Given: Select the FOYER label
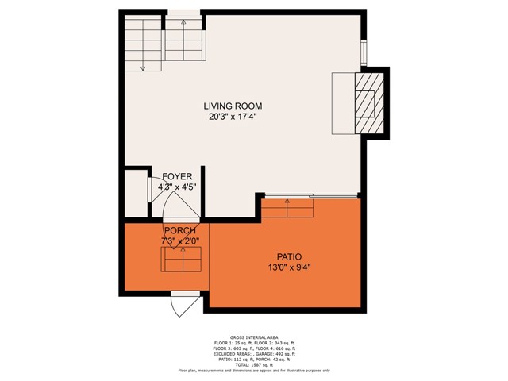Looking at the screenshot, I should (x=178, y=176).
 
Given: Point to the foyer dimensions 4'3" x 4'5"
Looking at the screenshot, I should (x=178, y=187).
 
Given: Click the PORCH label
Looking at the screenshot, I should (x=179, y=230).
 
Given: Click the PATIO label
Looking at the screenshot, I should (x=287, y=256).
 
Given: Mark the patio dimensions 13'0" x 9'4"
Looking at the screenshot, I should (x=287, y=267).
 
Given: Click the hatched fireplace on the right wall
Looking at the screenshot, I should (x=370, y=102).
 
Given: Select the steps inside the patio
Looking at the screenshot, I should (x=288, y=208).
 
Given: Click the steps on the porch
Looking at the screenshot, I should (x=181, y=259).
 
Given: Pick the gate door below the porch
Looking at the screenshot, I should (x=186, y=305).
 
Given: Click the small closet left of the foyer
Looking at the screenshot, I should (x=137, y=191).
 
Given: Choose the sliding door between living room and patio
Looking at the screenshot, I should (x=310, y=195).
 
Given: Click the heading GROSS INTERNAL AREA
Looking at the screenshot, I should (x=253, y=337).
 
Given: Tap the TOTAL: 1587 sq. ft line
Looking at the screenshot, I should (x=253, y=364).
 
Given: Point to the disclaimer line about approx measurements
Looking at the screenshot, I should (x=253, y=371).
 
